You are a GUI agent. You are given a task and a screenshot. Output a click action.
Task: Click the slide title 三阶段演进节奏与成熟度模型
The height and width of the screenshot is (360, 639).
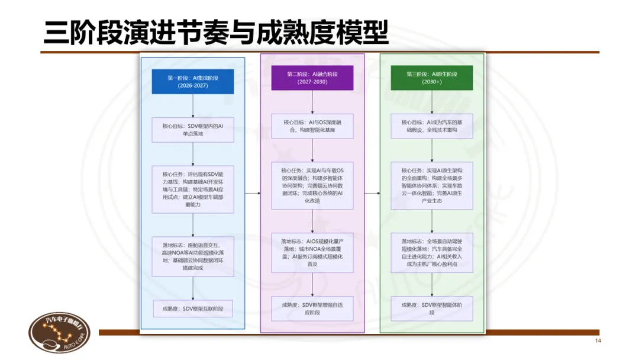click(x=215, y=32)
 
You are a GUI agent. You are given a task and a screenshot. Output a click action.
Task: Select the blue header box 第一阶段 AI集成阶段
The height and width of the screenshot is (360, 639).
click(x=193, y=81)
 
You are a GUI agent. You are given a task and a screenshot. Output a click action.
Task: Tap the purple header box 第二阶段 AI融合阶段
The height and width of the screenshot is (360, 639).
click(x=312, y=78)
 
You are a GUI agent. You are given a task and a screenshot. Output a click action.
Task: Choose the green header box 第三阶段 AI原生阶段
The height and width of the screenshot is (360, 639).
click(x=432, y=78)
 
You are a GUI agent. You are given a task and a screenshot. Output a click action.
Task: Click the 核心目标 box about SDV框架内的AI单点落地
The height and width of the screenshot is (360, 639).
click(x=193, y=130)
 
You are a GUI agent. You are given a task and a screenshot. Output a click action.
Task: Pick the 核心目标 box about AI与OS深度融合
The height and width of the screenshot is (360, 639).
click(x=312, y=126)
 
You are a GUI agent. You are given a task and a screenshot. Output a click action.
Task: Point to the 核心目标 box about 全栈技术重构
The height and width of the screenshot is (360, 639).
click(x=432, y=126)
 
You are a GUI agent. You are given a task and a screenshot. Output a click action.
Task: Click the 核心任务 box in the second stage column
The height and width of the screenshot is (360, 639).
click(x=312, y=185)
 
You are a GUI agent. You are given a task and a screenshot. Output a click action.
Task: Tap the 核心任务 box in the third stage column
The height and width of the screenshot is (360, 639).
click(x=432, y=185)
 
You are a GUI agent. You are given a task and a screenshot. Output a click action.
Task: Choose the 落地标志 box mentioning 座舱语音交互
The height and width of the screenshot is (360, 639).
click(x=193, y=255)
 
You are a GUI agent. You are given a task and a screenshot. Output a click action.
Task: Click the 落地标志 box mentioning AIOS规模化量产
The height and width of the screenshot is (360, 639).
click(x=312, y=252)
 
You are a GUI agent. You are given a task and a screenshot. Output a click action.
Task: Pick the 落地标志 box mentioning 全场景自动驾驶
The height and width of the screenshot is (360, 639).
click(x=432, y=252)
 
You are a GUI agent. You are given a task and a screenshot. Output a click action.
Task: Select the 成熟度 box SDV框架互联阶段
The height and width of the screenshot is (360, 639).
click(x=193, y=308)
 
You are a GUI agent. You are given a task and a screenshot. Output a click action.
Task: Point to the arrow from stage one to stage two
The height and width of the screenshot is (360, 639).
click(x=253, y=193)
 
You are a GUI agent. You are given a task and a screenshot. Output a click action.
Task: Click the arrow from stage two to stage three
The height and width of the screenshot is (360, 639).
click(x=372, y=193)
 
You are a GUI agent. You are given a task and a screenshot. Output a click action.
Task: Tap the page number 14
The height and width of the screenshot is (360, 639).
click(x=597, y=342)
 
